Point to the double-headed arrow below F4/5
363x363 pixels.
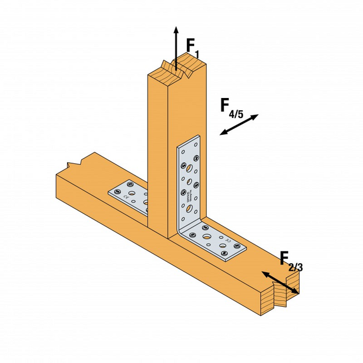click(239, 125)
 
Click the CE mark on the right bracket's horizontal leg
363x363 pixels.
click(229, 240)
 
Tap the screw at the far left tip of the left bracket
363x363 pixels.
click(114, 190)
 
